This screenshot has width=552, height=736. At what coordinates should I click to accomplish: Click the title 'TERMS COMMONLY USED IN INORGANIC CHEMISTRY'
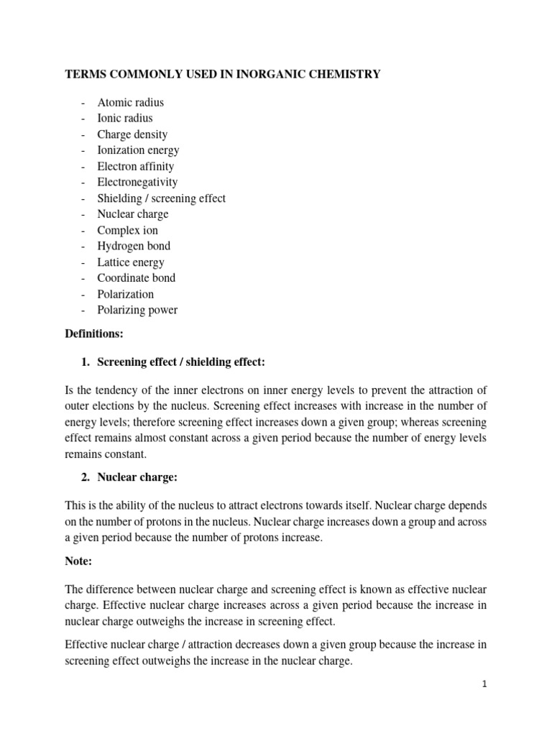click(223, 75)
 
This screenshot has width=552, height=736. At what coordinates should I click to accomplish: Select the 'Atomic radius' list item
click(131, 102)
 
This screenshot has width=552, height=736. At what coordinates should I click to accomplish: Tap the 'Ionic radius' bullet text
click(125, 118)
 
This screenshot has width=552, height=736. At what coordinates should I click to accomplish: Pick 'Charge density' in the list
click(132, 134)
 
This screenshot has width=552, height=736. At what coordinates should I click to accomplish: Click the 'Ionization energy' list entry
click(139, 150)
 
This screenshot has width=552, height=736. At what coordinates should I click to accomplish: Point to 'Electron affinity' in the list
click(136, 166)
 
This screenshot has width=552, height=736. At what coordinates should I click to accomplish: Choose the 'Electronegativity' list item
click(137, 182)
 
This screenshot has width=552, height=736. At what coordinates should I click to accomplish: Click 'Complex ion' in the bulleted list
click(128, 230)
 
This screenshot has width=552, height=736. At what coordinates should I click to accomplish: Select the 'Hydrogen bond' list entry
click(134, 246)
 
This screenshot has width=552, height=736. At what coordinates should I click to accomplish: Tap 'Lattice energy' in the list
click(131, 262)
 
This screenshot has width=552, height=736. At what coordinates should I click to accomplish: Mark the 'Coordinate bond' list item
click(137, 277)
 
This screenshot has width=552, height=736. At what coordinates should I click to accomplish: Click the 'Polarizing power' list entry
click(137, 310)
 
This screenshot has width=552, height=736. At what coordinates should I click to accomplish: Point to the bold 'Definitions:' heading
click(94, 334)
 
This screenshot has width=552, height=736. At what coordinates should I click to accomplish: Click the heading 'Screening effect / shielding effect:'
click(186, 361)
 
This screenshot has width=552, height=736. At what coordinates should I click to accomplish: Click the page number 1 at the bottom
click(485, 685)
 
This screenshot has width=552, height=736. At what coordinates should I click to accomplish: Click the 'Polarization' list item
click(126, 294)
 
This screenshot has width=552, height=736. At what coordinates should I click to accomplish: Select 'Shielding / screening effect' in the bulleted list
click(162, 198)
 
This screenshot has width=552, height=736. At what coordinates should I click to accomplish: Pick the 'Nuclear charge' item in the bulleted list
click(133, 214)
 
